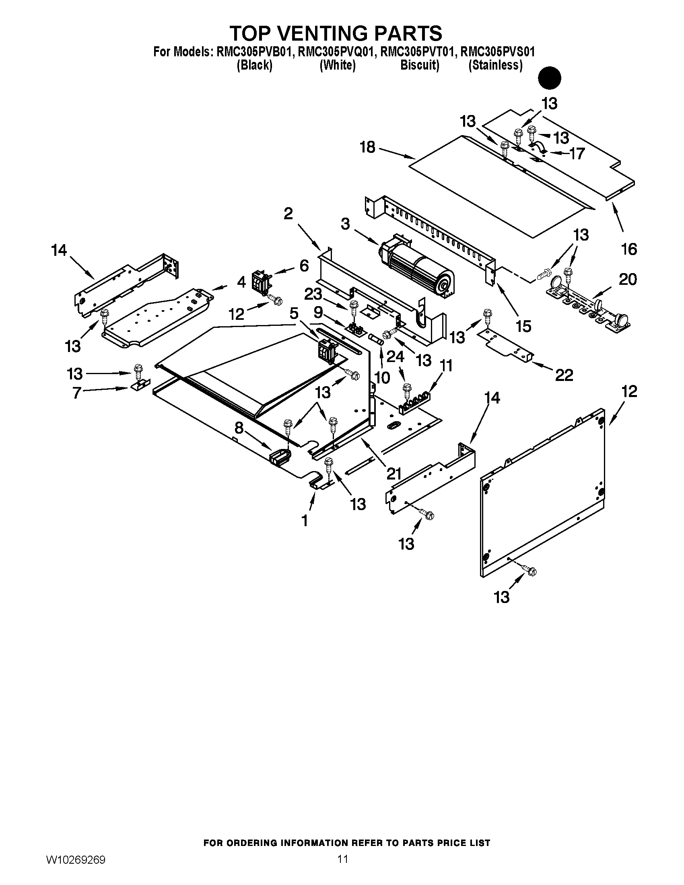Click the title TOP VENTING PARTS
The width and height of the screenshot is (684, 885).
click(x=336, y=33)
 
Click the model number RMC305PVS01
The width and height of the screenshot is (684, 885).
click(x=498, y=52)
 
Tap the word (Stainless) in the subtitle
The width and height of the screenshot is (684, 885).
click(x=495, y=65)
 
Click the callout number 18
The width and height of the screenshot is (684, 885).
click(x=367, y=147)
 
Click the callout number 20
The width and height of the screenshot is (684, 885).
click(x=628, y=279)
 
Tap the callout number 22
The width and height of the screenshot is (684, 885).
click(x=564, y=375)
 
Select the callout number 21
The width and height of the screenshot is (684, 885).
click(x=394, y=473)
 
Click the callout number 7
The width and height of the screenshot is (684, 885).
click(x=77, y=393)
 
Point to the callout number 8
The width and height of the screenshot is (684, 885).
click(x=239, y=428)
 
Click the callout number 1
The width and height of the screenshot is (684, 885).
click(x=305, y=520)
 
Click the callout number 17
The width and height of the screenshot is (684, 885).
click(x=577, y=154)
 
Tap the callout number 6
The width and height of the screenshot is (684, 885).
click(x=304, y=266)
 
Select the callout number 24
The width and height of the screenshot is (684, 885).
click(x=395, y=356)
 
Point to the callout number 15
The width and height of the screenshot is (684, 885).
click(x=523, y=326)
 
